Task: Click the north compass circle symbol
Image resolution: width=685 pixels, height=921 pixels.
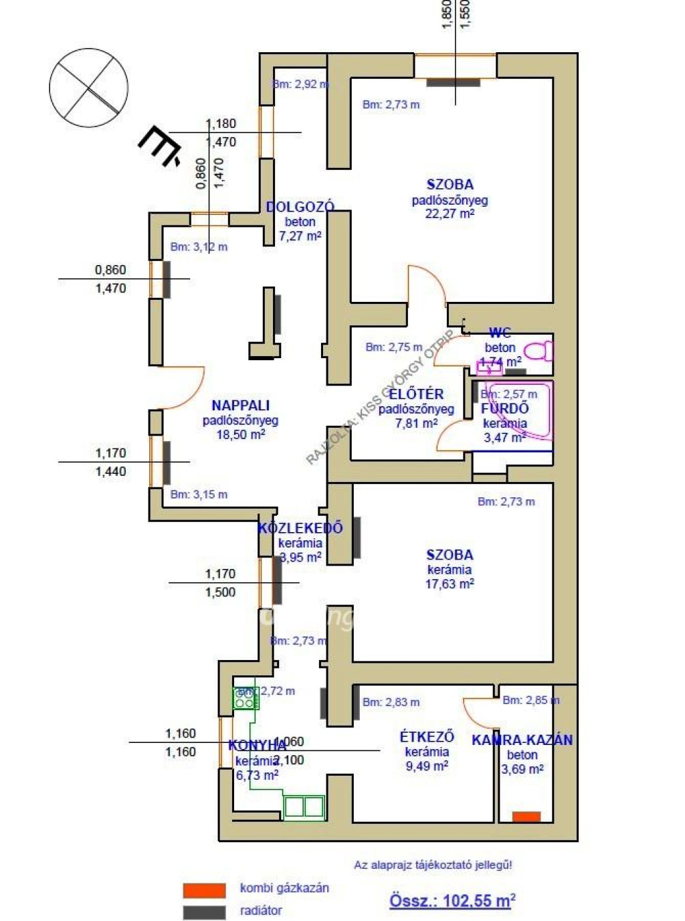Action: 88,88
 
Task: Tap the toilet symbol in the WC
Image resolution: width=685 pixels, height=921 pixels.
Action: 539,350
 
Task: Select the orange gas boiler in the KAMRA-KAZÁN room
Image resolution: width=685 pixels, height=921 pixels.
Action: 526,817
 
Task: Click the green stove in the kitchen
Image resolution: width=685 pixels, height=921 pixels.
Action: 246,699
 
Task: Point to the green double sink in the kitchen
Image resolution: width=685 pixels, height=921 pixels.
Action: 304,807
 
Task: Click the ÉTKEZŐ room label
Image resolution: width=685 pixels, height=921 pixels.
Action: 427,736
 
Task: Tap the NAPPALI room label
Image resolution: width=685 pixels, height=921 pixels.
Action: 240,405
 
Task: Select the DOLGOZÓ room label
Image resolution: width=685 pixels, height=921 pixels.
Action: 300,207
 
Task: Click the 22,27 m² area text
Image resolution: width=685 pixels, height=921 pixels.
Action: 450,214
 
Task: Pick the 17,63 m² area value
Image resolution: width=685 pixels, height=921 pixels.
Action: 450,584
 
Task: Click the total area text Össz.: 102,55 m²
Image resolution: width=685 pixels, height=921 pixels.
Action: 452,900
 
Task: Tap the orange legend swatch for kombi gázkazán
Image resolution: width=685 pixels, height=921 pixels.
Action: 204,890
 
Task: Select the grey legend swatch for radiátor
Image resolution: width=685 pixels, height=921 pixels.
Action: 204,912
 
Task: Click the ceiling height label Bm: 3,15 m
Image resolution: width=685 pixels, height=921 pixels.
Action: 199,495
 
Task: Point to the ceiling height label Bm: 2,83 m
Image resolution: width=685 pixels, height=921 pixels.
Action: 391,702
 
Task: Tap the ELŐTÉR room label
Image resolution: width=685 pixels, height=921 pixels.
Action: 416,394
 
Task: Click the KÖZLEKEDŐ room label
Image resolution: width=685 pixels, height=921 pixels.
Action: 300,527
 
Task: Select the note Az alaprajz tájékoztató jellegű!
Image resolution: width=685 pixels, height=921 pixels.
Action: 433,865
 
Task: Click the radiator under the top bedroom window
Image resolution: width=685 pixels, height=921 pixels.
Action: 453,83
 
